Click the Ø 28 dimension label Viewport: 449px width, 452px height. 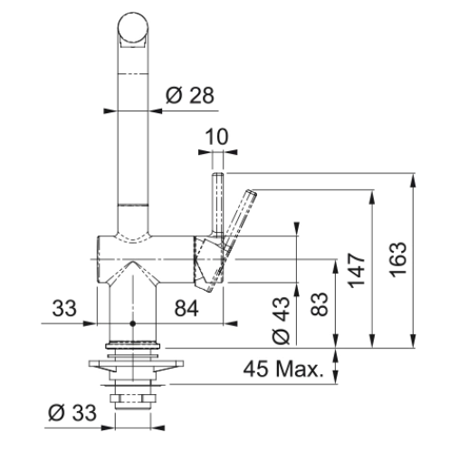(190, 95)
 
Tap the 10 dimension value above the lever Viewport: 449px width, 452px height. (216, 137)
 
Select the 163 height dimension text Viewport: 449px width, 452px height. (398, 260)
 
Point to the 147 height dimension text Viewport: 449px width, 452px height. (356, 271)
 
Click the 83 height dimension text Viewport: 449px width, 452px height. (320, 304)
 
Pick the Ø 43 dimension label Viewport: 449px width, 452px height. (282, 321)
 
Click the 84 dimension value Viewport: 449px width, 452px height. (186, 308)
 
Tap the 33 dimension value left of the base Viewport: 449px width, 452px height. (64, 308)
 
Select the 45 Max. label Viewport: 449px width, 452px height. (283, 369)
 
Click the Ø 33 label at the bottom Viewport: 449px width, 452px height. (72, 412)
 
